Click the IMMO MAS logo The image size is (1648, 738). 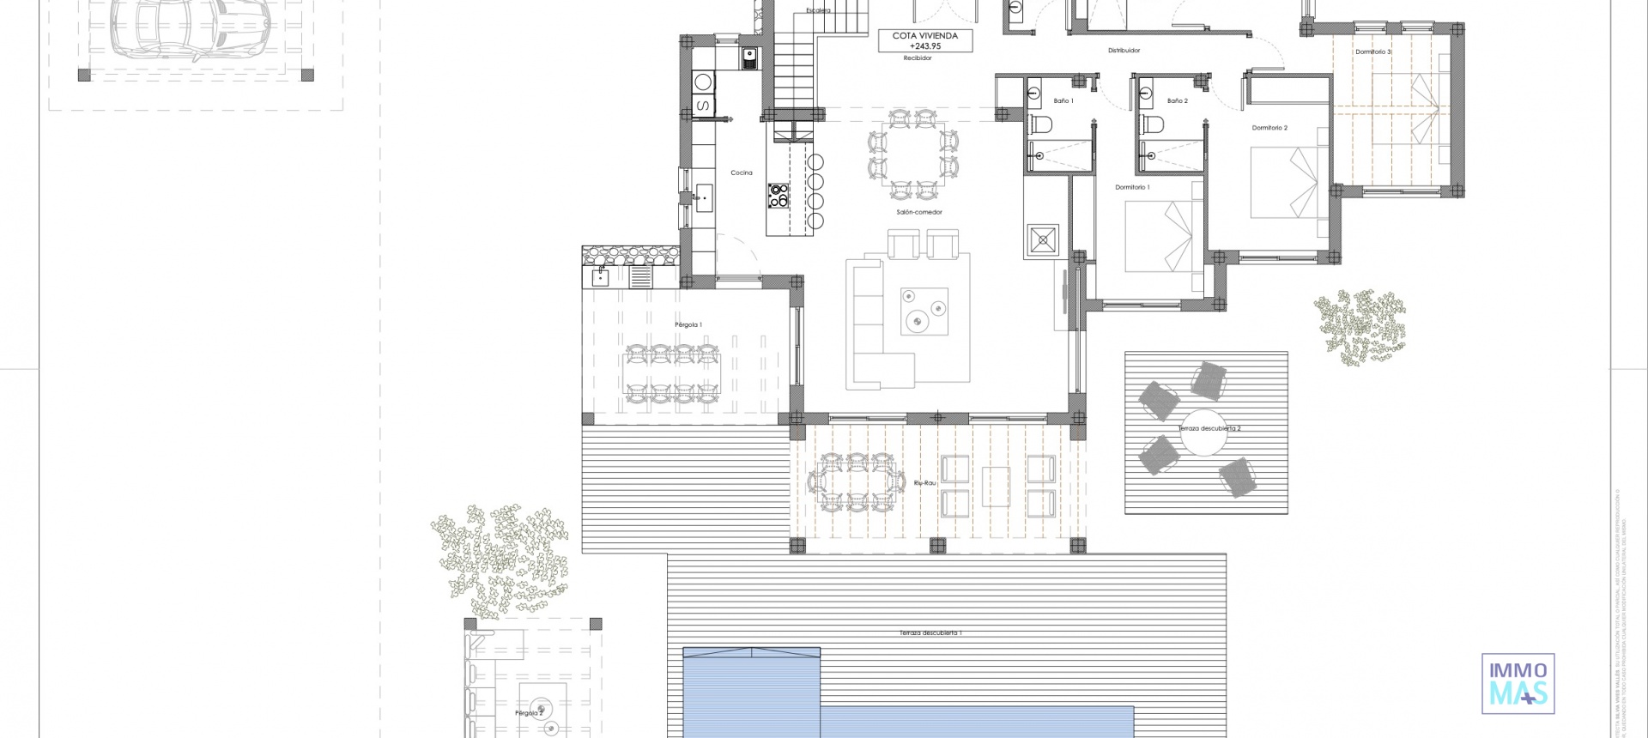[1518, 683]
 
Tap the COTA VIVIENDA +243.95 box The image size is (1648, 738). [924, 40]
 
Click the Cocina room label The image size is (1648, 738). [742, 173]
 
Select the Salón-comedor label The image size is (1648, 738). [919, 212]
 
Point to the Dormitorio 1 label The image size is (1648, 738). [1132, 187]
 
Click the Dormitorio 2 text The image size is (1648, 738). [1269, 128]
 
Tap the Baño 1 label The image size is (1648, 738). [1063, 101]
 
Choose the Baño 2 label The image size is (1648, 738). [1178, 101]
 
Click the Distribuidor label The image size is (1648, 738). [1124, 51]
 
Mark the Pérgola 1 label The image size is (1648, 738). [688, 324]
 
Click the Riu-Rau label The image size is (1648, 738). [924, 483]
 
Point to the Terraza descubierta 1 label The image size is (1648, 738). [930, 633]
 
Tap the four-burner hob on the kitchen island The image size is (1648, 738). [778, 196]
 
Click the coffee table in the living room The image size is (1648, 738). [924, 312]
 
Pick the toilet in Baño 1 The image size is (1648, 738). [1041, 126]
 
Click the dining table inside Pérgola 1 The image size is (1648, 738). [671, 373]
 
